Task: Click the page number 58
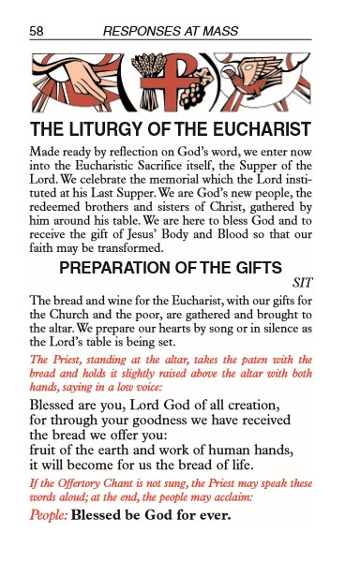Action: [x=37, y=31]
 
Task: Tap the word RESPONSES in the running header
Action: [x=141, y=31]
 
